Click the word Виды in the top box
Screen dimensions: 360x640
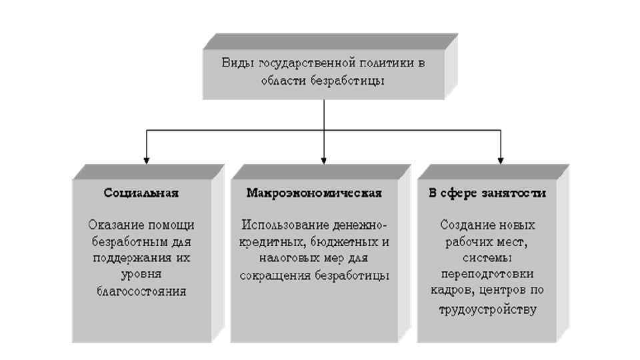[235, 63]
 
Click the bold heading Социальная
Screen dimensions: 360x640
[141, 193]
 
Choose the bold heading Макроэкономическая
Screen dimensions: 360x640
[314, 193]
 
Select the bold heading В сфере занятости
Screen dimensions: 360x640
[487, 193]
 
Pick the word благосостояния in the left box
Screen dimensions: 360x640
[141, 291]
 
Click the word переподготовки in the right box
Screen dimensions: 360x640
[487, 275]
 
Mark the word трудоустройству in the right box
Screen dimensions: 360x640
[487, 309]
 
